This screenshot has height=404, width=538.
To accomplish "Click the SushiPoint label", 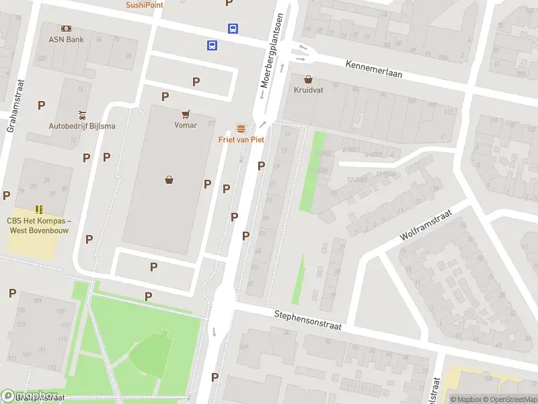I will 144,5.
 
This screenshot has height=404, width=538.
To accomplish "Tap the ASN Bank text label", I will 65,39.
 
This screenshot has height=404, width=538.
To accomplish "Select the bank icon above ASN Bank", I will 66,28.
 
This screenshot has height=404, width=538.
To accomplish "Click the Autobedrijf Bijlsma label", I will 81,126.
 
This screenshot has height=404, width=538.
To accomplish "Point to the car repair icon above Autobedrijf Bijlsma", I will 81,114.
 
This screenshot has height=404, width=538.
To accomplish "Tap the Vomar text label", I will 186,125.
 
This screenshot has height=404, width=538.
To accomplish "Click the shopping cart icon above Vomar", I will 186,114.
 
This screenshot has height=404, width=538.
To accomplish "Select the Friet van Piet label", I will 241,139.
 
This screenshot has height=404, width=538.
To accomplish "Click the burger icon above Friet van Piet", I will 241,128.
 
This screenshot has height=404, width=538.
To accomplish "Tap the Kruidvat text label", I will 308,90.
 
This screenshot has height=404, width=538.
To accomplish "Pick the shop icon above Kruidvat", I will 308,79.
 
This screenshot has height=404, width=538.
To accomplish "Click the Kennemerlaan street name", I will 374,69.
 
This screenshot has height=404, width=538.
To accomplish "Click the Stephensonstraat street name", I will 308,320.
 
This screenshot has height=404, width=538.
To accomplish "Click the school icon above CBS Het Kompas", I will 39,209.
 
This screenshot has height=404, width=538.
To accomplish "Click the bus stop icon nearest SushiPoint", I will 233,28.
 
